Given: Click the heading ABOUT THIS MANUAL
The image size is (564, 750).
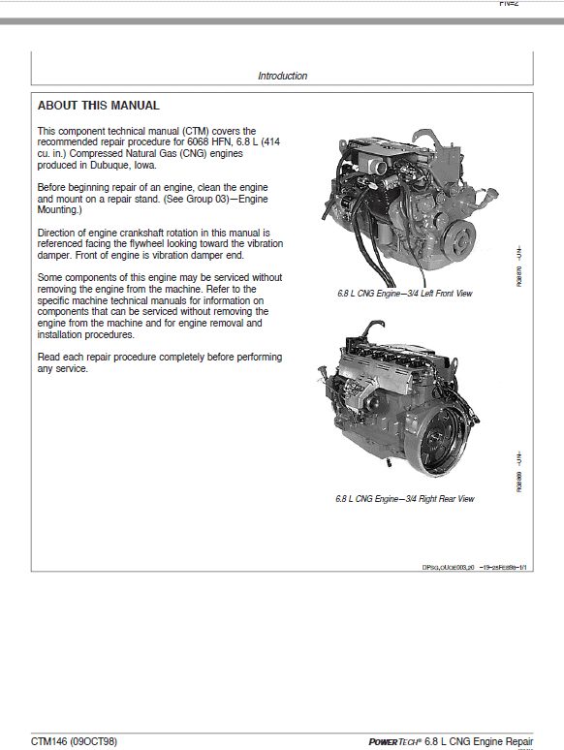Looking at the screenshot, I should click(99, 106).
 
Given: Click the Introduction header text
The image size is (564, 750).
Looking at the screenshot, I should click(282, 76).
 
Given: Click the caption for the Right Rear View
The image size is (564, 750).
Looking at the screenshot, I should click(404, 499).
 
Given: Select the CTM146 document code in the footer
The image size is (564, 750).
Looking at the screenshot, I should click(51, 741).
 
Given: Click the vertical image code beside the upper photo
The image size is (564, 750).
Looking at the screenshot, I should click(519, 261).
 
